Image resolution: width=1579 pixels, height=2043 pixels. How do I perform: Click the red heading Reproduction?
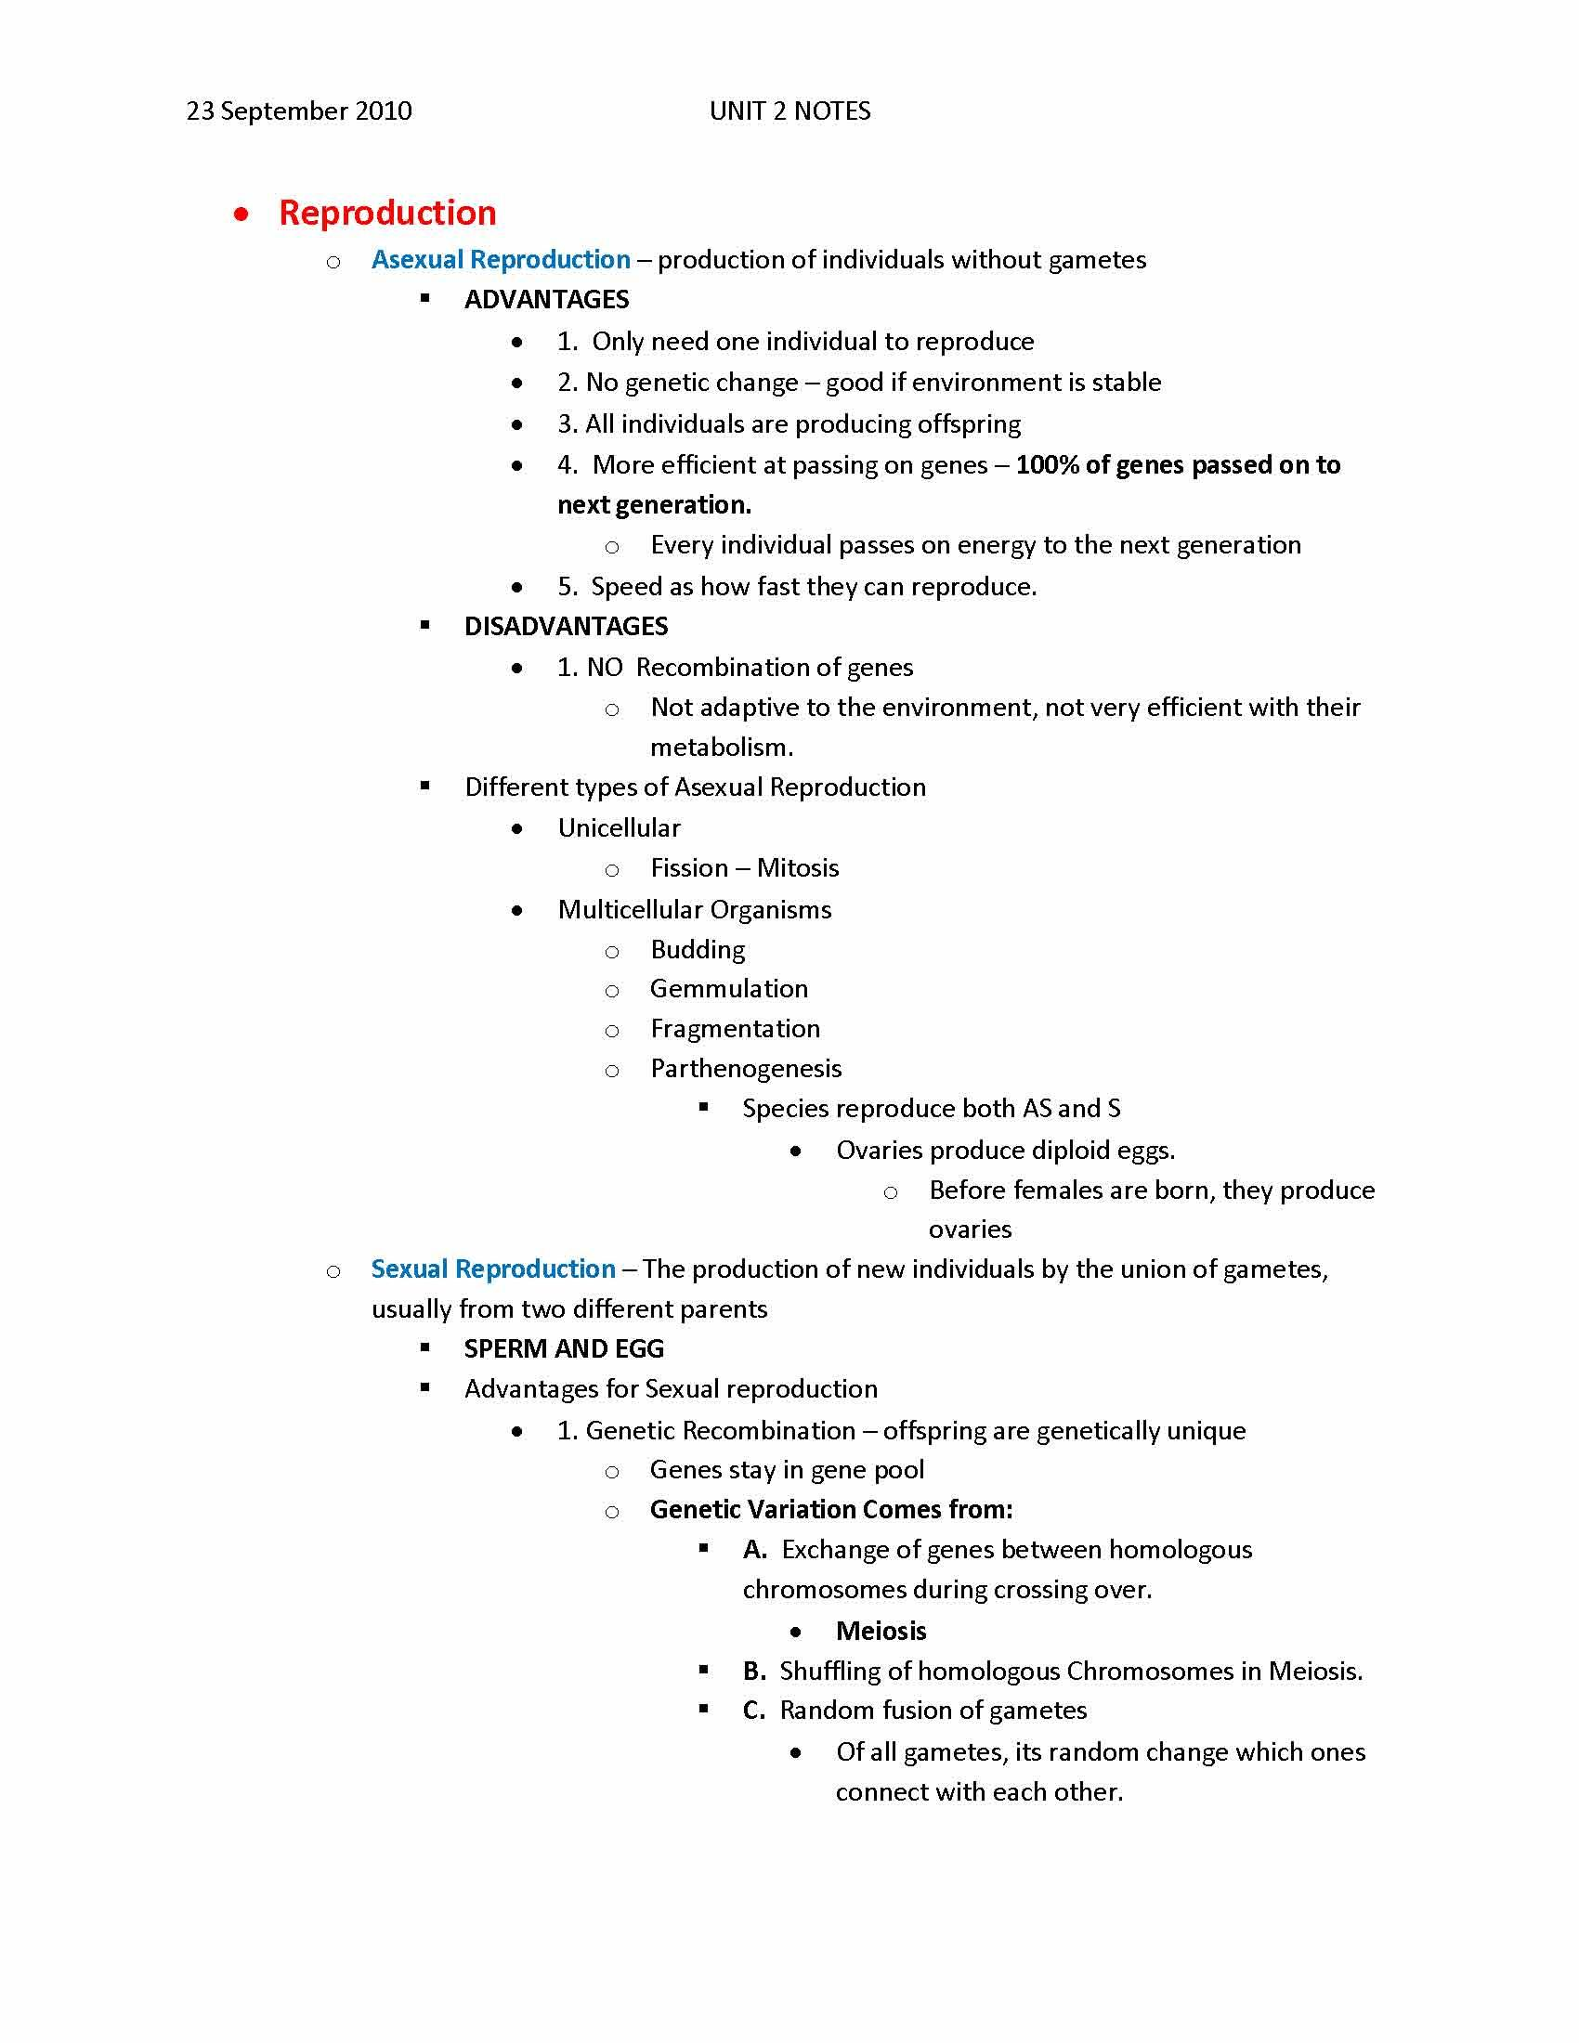point(387,214)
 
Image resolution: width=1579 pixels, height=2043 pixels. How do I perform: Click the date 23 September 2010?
point(299,111)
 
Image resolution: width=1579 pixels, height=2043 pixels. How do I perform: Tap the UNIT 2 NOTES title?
point(789,111)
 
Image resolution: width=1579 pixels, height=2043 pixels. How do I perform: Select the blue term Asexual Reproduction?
point(501,260)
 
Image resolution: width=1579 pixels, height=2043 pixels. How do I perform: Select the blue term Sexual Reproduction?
point(493,1269)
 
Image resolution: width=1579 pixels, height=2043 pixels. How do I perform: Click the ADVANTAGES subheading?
point(546,300)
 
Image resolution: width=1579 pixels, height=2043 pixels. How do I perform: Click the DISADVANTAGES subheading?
point(566,627)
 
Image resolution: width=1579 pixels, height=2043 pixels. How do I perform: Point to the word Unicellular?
point(620,828)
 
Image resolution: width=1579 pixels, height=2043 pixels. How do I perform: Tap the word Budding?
point(698,950)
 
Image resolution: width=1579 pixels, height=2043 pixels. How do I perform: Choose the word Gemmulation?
point(729,990)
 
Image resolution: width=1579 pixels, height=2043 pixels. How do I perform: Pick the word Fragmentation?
point(736,1030)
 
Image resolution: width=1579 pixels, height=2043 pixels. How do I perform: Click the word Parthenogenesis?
point(746,1069)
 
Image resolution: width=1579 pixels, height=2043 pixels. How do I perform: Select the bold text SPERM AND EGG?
point(564,1349)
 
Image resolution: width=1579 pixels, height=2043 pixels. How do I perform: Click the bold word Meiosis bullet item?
point(881,1632)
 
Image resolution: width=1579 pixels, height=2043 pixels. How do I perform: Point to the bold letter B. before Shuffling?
point(754,1672)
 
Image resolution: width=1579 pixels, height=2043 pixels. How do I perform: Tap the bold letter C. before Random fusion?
point(754,1711)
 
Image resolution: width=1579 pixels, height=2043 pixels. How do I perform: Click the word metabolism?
point(721,748)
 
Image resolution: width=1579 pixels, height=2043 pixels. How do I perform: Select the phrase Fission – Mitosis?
point(745,869)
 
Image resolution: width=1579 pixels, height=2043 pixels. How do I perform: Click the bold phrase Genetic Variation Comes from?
point(830,1510)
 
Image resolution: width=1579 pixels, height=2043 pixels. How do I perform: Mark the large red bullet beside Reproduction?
point(242,215)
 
